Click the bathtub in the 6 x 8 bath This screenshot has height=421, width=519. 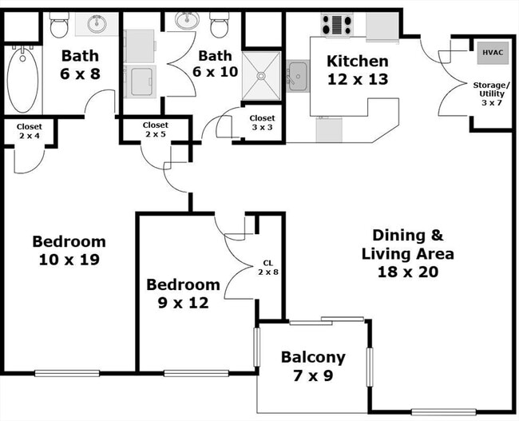tap(21, 80)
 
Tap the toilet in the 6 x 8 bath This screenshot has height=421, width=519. tap(59, 27)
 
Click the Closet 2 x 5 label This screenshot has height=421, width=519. tap(155, 129)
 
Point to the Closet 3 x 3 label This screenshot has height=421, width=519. tap(261, 123)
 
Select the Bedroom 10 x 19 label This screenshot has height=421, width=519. tap(69, 250)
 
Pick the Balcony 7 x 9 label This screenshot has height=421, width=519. tap(312, 366)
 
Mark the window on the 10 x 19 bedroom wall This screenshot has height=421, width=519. tap(66, 372)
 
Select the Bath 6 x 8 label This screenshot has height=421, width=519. tap(81, 64)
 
